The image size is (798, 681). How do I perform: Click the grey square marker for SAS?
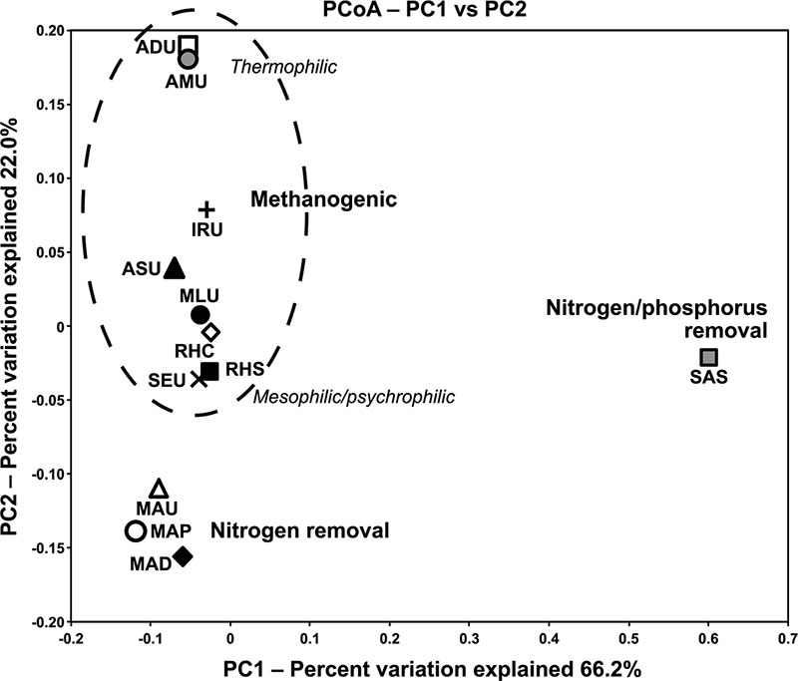[x=708, y=357]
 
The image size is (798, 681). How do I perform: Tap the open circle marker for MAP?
[x=136, y=530]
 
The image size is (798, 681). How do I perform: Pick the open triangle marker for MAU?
[x=159, y=489]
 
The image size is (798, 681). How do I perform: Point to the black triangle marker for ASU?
[x=175, y=267]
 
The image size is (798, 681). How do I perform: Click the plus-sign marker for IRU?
[x=206, y=209]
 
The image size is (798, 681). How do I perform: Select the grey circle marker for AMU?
[x=188, y=60]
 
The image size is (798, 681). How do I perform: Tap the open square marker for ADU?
[x=189, y=45]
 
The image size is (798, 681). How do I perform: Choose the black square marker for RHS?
[x=209, y=372]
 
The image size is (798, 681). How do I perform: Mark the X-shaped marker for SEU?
[x=199, y=378]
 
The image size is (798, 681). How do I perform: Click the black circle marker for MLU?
[x=199, y=315]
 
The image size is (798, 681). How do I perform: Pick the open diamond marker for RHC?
[x=210, y=331]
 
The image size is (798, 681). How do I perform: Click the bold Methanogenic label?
[x=323, y=200]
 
